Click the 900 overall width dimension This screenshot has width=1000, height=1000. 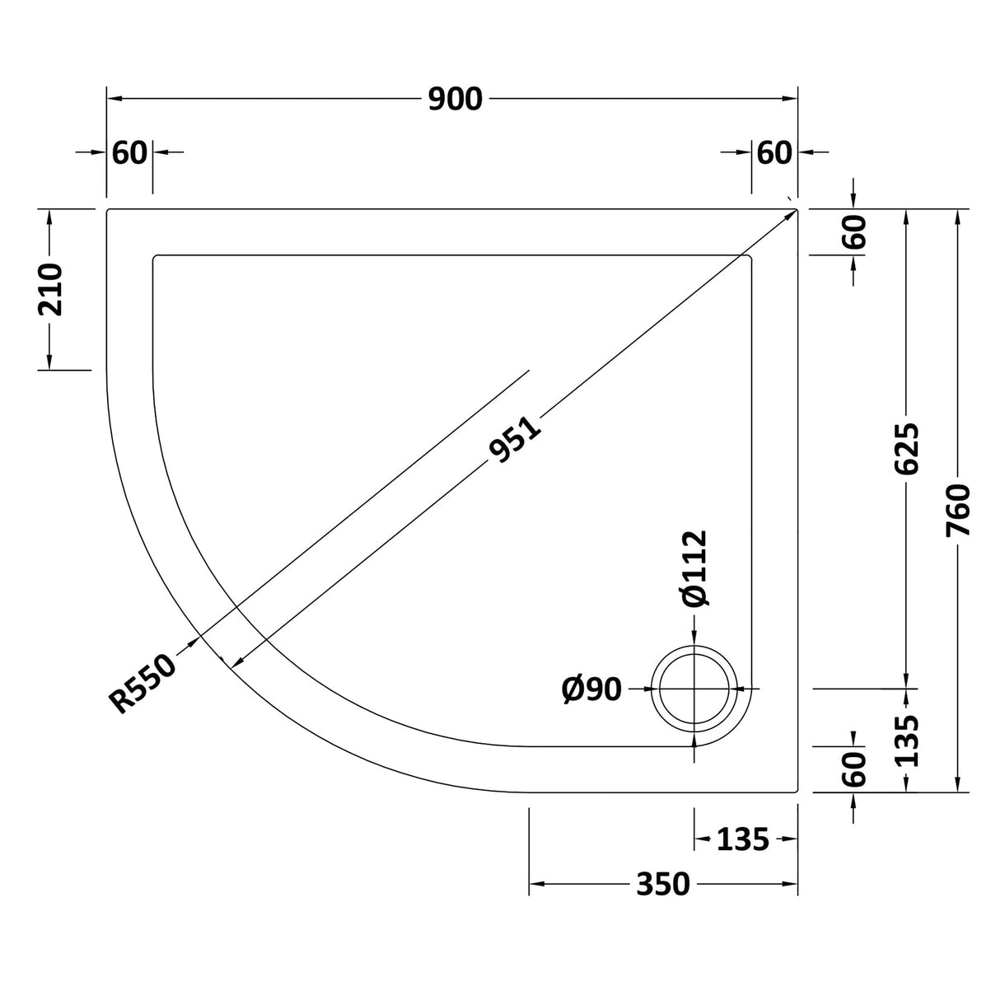454,99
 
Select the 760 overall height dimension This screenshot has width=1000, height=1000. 959,512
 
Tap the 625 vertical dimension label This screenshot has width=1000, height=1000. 906,449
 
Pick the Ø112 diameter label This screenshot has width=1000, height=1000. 694,568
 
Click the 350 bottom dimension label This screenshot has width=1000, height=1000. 663,885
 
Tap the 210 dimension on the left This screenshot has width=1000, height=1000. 51,289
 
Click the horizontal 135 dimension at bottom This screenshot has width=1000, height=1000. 742,839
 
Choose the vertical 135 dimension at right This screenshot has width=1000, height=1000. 907,739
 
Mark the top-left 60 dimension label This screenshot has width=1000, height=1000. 129,152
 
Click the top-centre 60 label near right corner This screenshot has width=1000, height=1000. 773,152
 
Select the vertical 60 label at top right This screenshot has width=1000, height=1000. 854,231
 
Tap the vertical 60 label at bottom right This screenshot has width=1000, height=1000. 854,769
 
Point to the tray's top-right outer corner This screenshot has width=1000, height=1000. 797,210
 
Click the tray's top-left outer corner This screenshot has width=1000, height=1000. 108,210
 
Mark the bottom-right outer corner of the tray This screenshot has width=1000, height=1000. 797,792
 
